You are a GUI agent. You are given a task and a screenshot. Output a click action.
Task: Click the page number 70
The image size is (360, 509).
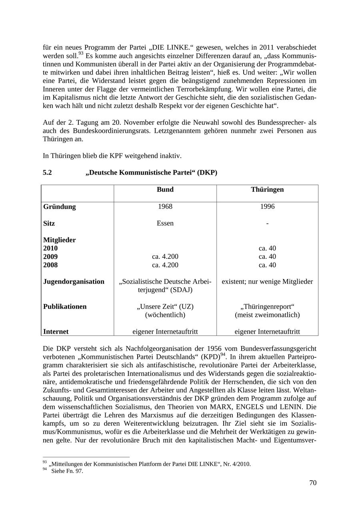point(312,483)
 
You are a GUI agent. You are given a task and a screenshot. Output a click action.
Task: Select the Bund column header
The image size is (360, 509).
point(165,190)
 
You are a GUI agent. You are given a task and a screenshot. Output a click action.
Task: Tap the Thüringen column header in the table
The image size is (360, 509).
point(267,190)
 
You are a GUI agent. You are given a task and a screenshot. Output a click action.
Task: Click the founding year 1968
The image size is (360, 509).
point(165,206)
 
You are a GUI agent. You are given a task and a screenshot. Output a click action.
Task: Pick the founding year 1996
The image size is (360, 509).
point(267,206)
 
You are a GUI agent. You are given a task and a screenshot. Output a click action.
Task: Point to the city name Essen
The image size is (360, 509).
point(165,223)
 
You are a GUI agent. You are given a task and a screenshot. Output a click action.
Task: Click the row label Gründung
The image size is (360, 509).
point(59,207)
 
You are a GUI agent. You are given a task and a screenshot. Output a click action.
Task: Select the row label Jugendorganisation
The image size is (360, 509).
point(74,282)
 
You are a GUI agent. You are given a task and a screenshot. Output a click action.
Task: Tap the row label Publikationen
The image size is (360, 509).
point(65,307)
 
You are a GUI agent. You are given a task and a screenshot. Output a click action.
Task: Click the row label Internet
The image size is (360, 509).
point(56,332)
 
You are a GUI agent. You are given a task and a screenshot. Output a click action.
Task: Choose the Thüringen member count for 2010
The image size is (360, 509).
point(267,248)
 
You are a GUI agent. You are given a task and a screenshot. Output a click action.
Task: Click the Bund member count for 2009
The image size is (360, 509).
point(165,257)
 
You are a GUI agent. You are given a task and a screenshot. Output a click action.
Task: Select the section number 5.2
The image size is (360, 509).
point(47,173)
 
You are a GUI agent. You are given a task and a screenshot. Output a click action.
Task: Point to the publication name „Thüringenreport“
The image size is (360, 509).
point(267,307)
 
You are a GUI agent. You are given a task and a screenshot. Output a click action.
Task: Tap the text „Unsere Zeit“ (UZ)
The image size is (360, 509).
point(165,307)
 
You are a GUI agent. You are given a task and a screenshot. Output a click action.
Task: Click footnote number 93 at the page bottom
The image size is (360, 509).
point(44,462)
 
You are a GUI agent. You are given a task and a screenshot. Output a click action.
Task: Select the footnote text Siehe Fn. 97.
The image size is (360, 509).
point(67,471)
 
